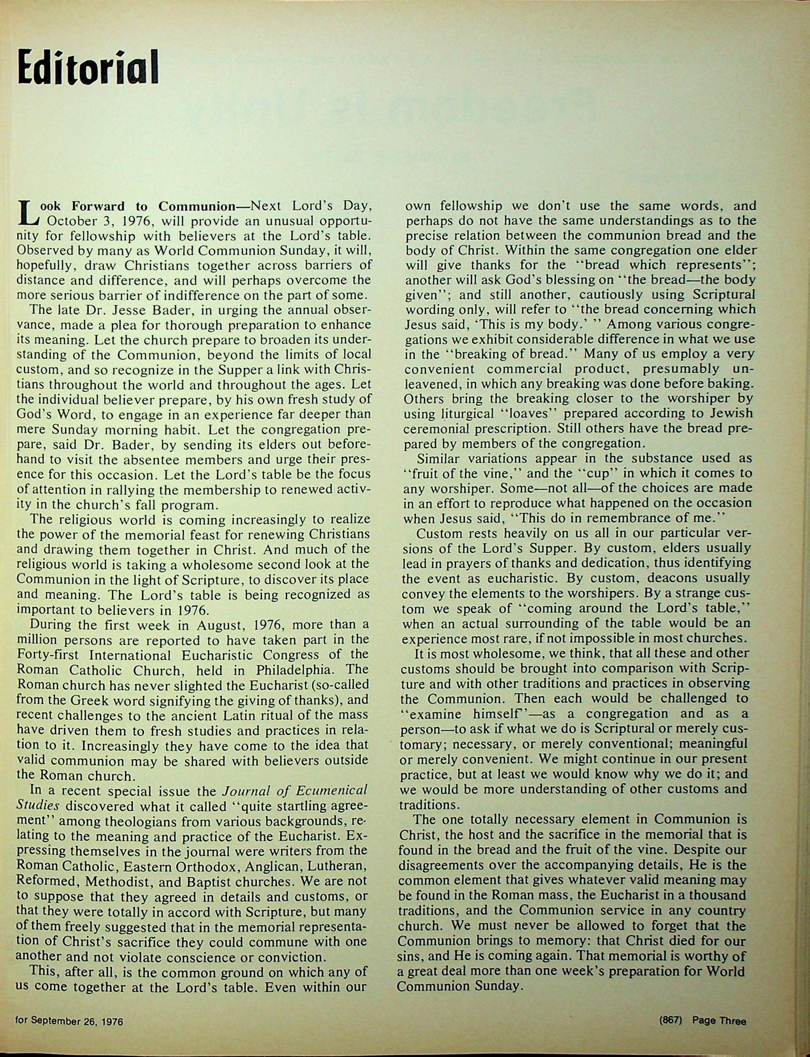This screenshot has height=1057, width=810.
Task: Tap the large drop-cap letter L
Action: (x=27, y=212)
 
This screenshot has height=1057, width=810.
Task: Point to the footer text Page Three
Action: (x=719, y=1020)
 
